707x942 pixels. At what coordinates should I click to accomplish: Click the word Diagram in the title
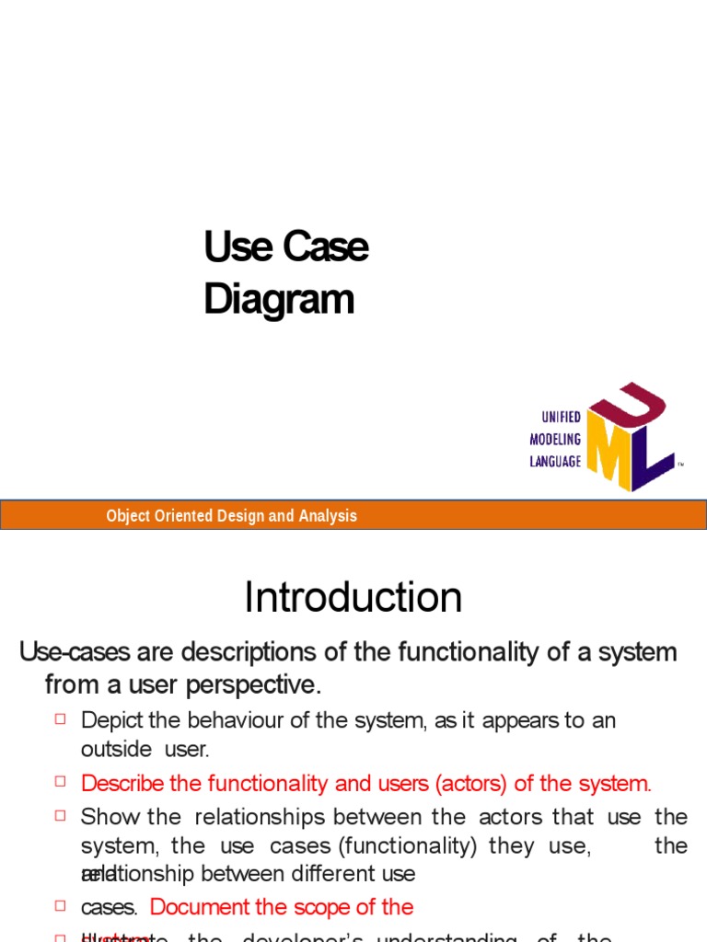point(278,301)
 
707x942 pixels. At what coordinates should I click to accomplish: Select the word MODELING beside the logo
point(555,440)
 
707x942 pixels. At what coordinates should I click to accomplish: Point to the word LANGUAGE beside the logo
point(555,462)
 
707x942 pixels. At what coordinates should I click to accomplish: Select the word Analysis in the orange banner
point(327,516)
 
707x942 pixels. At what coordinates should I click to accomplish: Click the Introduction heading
point(353,598)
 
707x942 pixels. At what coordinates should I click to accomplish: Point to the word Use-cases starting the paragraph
point(75,653)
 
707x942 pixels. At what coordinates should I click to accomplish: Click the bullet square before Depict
point(62,718)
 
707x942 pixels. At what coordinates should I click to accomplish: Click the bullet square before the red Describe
point(62,782)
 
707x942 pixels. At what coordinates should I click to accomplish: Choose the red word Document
point(204,907)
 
